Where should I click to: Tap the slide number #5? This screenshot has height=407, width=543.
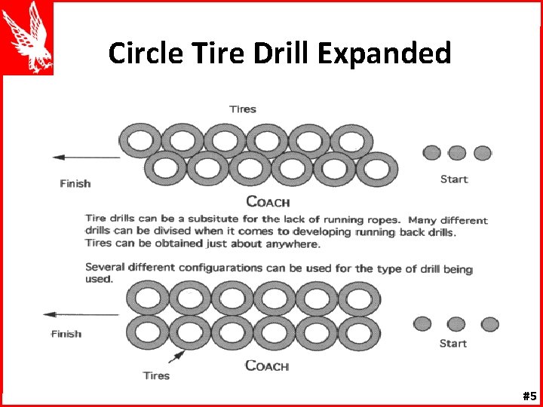click(529, 396)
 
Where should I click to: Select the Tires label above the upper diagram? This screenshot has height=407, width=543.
click(243, 109)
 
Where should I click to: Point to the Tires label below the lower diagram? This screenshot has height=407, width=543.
click(156, 375)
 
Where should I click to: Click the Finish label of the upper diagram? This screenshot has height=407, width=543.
click(75, 183)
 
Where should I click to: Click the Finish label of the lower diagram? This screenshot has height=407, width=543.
click(66, 333)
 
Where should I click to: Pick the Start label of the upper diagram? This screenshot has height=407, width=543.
click(453, 179)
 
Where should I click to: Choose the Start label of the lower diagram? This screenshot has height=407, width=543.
click(453, 344)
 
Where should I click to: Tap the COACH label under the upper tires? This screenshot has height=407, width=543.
click(268, 202)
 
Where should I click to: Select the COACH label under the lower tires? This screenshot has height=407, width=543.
click(267, 366)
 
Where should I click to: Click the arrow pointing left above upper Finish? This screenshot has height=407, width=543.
click(85, 158)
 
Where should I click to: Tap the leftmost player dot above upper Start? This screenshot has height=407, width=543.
click(431, 153)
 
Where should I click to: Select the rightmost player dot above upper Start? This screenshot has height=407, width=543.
click(483, 153)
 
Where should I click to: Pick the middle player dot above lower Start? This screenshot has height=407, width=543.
click(456, 324)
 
